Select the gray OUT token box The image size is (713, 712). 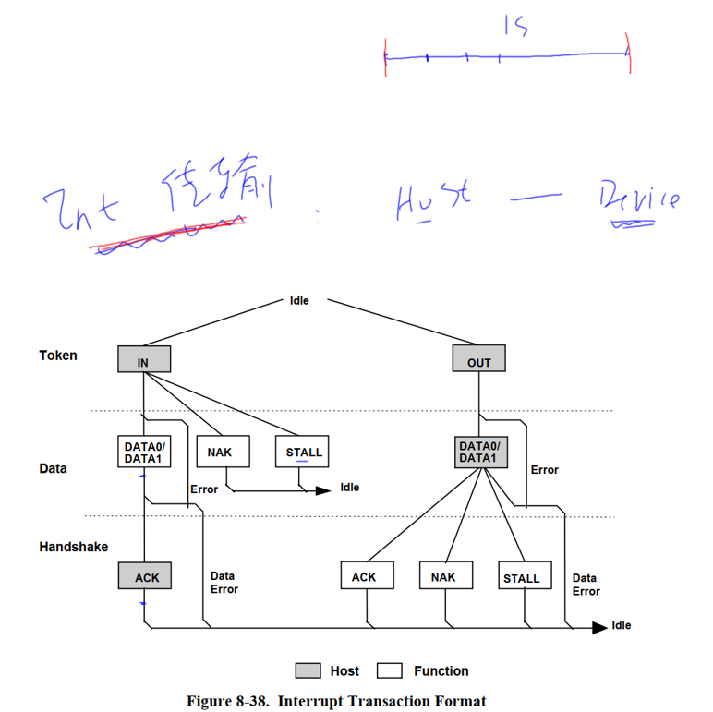pyautogui.click(x=478, y=359)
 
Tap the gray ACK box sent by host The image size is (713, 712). pyautogui.click(x=147, y=577)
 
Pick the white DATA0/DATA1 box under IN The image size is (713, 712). pyautogui.click(x=145, y=451)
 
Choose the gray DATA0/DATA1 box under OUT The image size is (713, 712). pyautogui.click(x=478, y=451)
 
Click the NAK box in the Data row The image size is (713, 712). pyautogui.click(x=220, y=451)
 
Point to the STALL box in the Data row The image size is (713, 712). pyautogui.click(x=303, y=451)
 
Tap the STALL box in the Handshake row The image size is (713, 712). pyautogui.click(x=521, y=577)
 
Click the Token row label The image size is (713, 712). pyautogui.click(x=58, y=355)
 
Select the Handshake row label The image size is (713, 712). pyautogui.click(x=73, y=547)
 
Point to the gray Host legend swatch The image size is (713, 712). pyautogui.click(x=308, y=670)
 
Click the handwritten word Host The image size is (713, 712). pyautogui.click(x=429, y=201)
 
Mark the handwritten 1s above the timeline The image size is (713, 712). pyautogui.click(x=515, y=26)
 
